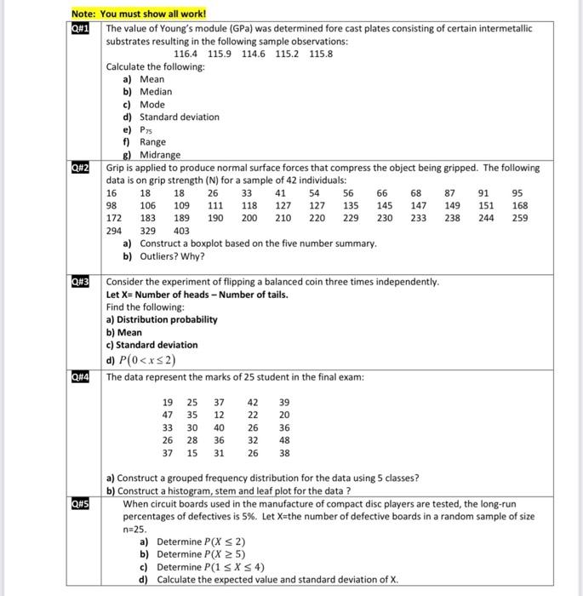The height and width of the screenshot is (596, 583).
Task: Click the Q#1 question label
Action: (82, 28)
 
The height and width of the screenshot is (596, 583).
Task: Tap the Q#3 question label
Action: (82, 281)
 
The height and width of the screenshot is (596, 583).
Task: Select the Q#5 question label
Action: (82, 503)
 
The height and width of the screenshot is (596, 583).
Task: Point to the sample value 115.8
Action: (321, 54)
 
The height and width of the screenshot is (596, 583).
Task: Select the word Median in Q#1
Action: (156, 91)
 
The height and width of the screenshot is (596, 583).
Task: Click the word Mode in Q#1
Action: (152, 104)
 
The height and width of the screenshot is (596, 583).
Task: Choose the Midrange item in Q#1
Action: (160, 155)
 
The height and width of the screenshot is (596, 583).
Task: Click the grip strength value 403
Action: (181, 231)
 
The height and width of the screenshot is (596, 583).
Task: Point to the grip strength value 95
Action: (519, 192)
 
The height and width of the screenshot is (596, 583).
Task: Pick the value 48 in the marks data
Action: (283, 440)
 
